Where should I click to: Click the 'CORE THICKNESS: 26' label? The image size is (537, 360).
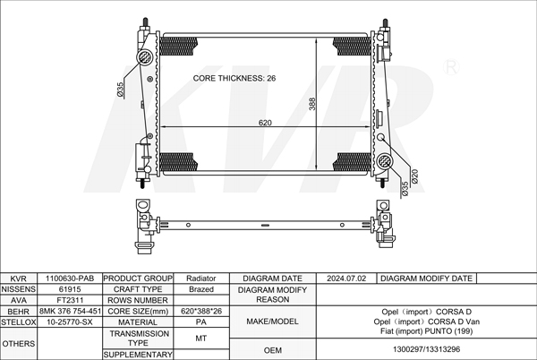[234, 78]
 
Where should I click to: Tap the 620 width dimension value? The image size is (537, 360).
[265, 123]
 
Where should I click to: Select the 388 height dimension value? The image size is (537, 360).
[312, 104]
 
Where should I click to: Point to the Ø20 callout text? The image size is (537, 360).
[414, 176]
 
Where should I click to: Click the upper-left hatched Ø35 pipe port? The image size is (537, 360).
[145, 56]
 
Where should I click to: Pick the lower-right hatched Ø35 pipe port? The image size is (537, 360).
[385, 161]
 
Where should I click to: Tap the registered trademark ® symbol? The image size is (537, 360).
[451, 67]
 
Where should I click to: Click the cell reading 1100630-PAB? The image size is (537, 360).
[70, 279]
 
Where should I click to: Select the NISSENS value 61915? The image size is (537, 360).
[70, 289]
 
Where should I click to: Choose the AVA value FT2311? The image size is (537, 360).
[70, 300]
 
